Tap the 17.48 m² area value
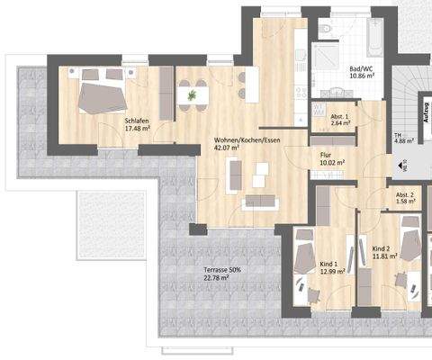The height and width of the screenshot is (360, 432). coord(138,130)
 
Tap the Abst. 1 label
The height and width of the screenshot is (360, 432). coord(340,118)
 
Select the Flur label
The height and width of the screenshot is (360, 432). coord(327,154)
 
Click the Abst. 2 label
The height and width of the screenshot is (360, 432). coord(405,195)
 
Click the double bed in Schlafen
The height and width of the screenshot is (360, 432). coord(102,94)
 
